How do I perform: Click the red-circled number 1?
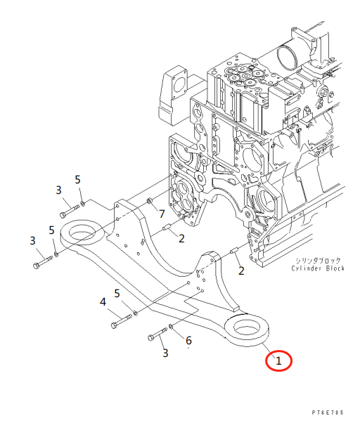coord(278,361)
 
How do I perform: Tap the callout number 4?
coord(103,302)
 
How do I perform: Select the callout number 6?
coord(188,341)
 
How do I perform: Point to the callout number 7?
coord(161,214)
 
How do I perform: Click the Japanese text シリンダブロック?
coord(317,261)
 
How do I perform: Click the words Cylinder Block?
coord(317,269)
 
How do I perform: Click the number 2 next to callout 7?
coord(181,238)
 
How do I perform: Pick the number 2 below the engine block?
coord(240,271)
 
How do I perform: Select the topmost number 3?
coord(60,190)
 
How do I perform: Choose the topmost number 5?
coord(78,180)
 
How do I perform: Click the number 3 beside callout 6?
coord(165,353)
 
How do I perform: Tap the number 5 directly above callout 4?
coord(117,293)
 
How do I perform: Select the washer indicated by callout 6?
coord(173,330)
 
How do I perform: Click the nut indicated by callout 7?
coord(149,203)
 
